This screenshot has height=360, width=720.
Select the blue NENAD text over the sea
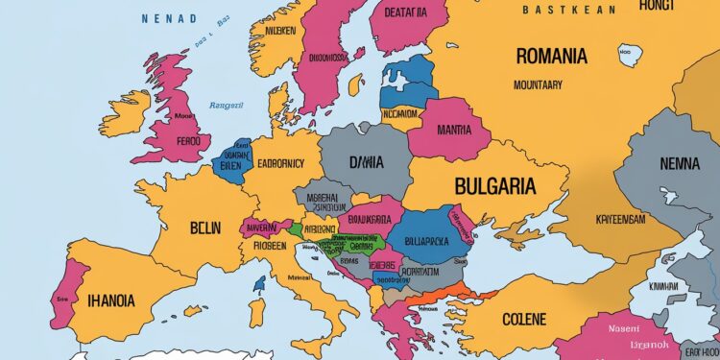click(x=169, y=18)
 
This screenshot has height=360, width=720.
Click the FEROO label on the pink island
click(x=196, y=140)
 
